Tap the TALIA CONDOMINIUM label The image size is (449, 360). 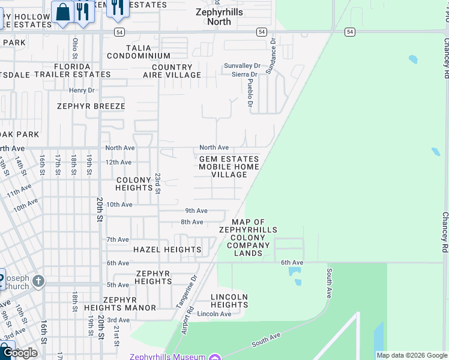point(139,52)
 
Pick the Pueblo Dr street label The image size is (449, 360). point(250,91)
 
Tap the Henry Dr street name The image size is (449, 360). point(82,90)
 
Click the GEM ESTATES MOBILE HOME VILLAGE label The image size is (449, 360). point(229,167)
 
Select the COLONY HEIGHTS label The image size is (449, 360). point(134,184)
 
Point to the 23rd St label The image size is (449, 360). point(158,184)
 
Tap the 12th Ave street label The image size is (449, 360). point(118,162)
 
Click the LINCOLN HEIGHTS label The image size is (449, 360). point(229,301)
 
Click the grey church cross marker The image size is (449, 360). point(38,280)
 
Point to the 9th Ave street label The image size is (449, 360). point(196,211)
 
